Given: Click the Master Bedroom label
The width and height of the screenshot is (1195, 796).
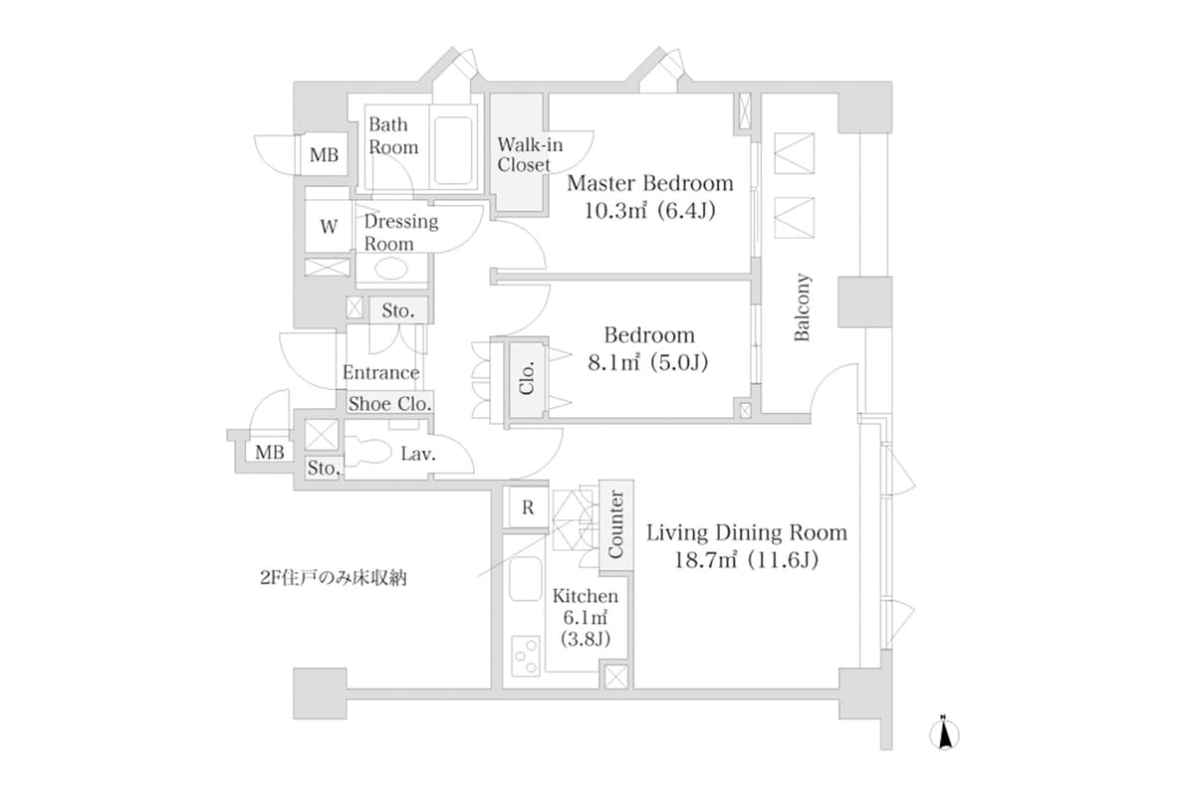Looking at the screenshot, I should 649,184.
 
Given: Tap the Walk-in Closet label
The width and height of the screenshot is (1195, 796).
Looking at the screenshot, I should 523,155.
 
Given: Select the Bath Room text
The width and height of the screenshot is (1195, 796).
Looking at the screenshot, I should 393,135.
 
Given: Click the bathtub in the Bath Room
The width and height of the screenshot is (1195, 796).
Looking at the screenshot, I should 454,148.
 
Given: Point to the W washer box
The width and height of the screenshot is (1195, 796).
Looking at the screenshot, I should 328,226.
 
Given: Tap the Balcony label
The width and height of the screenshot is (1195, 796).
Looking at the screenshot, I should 803,308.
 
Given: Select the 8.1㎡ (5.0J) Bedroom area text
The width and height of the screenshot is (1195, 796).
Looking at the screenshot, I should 647,363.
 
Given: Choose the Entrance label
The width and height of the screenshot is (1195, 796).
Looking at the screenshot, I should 380,373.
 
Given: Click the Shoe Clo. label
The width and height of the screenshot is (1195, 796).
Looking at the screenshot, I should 389,404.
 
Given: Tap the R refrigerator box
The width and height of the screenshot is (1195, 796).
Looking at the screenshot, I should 528,507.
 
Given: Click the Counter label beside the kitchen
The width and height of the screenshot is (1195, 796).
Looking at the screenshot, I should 615,523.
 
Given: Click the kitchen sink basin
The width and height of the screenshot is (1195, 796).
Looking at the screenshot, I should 525,580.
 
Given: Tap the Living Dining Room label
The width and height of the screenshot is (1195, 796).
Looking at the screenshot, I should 747,532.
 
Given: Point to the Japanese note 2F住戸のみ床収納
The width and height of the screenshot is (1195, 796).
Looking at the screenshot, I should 331,577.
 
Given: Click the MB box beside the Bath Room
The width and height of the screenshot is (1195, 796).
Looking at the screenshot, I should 323,155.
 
